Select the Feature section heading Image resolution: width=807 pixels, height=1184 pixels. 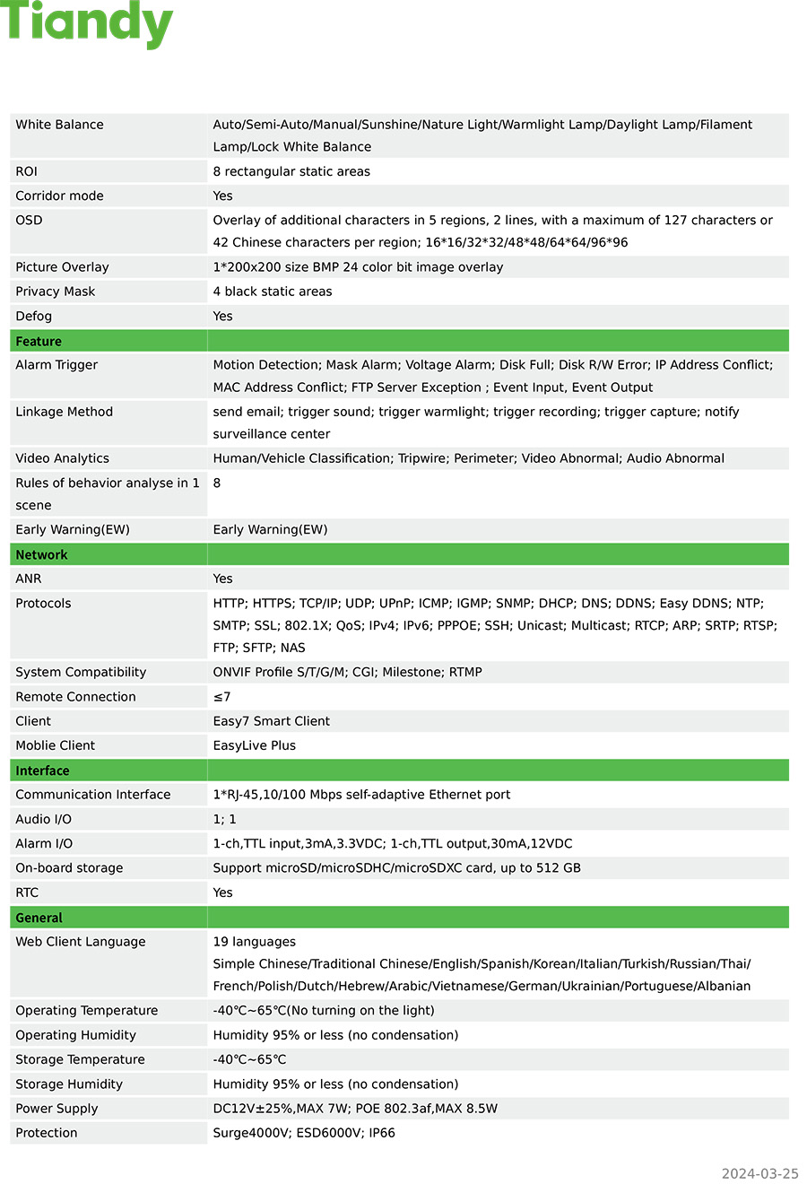(x=39, y=342)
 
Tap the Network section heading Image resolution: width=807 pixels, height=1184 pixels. (x=41, y=555)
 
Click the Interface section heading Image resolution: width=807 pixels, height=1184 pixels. (x=42, y=770)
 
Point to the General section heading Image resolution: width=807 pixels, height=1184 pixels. (x=39, y=918)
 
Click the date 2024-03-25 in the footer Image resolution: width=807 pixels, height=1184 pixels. (x=759, y=1173)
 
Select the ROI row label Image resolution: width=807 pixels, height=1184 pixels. (x=27, y=171)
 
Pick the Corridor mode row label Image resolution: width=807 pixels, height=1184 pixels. (x=59, y=196)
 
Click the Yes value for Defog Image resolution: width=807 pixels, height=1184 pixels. (x=222, y=316)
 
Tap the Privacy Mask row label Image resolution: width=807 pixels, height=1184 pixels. (x=55, y=292)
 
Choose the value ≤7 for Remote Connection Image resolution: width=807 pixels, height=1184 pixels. (x=221, y=697)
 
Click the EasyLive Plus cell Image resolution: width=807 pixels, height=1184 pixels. (x=254, y=745)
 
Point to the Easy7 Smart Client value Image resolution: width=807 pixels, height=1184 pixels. (x=271, y=721)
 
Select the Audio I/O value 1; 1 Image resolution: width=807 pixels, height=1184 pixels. (x=224, y=819)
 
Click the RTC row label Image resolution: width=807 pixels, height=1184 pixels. (x=27, y=892)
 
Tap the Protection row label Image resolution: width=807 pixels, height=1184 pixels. (x=47, y=1133)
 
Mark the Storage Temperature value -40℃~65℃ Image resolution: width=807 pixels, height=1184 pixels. (x=249, y=1059)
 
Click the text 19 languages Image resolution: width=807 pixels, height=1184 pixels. (x=254, y=942)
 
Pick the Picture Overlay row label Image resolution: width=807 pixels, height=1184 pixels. (x=62, y=267)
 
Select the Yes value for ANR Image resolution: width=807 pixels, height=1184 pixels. (x=222, y=579)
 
